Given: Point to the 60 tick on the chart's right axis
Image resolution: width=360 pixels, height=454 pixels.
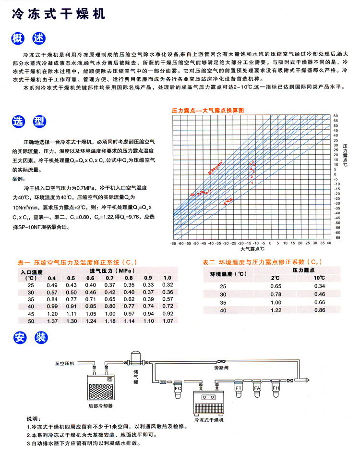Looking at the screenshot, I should click(x=336, y=116).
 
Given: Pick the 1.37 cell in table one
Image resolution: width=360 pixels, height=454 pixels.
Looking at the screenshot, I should click(x=51, y=321).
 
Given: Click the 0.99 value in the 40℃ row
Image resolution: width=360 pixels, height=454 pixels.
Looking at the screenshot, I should click(x=51, y=307).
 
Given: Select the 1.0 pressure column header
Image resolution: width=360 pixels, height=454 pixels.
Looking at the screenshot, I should click(x=167, y=278).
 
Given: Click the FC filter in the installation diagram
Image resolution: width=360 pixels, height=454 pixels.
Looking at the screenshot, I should click(x=177, y=389).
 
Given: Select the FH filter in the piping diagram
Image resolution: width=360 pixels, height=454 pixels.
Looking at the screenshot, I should click(x=276, y=388).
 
